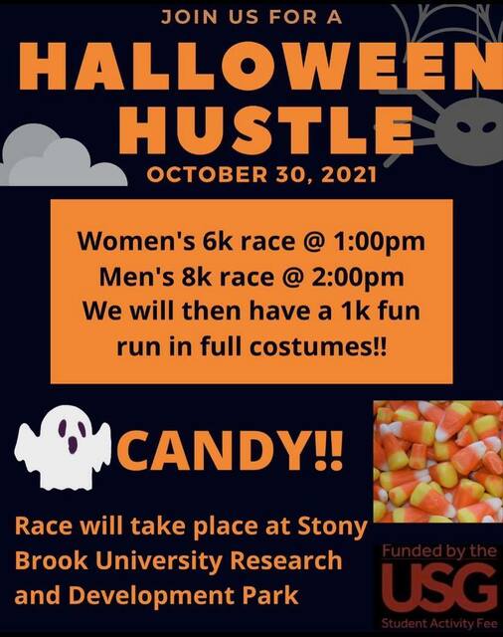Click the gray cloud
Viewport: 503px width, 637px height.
point(60,159)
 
